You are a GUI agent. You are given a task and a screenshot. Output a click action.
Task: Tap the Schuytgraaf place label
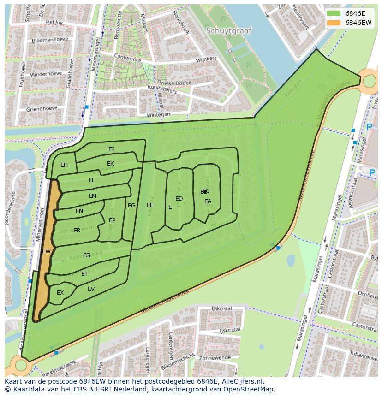tap(229, 31)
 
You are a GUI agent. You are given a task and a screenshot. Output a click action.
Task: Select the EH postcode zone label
tap(64, 165)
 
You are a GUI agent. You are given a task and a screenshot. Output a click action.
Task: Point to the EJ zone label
tap(111, 149)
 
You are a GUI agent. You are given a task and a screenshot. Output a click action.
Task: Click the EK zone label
tap(111, 164)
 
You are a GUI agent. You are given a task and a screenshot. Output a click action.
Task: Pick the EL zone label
tap(92, 180)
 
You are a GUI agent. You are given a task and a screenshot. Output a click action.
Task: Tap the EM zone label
tap(93, 196)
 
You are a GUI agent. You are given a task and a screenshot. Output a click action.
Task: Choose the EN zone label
tap(79, 211)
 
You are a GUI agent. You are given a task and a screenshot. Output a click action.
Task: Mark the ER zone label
tap(77, 231)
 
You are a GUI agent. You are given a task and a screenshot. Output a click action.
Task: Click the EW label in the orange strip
tap(46, 251)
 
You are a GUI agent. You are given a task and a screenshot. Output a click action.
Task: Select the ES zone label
tap(87, 255)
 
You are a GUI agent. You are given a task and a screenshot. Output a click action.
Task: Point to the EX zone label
tap(60, 293)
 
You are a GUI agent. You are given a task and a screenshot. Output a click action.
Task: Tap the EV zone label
tap(91, 289)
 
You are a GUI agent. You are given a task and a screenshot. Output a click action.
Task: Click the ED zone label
tap(179, 199)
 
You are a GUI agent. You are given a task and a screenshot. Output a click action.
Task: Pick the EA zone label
tap(208, 201)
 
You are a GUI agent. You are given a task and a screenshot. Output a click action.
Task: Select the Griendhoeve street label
tap(42, 109)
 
